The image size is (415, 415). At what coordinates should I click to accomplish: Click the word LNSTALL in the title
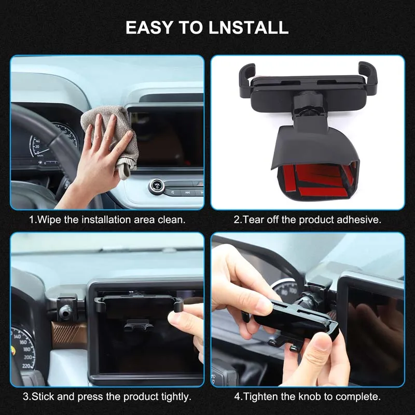point(248,27)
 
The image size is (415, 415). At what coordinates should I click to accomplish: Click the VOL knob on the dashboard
point(157,186)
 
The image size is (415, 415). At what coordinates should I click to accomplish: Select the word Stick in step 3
point(43,396)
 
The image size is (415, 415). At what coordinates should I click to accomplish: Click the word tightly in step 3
point(176,397)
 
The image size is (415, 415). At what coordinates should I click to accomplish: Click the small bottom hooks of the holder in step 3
point(139,326)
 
